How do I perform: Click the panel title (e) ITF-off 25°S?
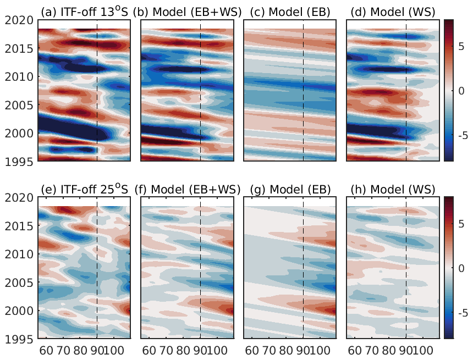click(85, 190)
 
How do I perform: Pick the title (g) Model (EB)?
click(290, 190)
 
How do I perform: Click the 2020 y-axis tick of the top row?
click(18, 19)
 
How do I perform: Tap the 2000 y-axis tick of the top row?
click(18, 133)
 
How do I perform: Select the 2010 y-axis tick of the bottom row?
click(18, 254)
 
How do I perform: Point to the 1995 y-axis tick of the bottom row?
click(18, 339)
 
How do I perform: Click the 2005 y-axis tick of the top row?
click(18, 104)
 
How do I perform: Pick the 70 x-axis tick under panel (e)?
click(63, 350)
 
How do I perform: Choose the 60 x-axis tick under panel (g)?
click(251, 350)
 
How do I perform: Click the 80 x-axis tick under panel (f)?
click(183, 350)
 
